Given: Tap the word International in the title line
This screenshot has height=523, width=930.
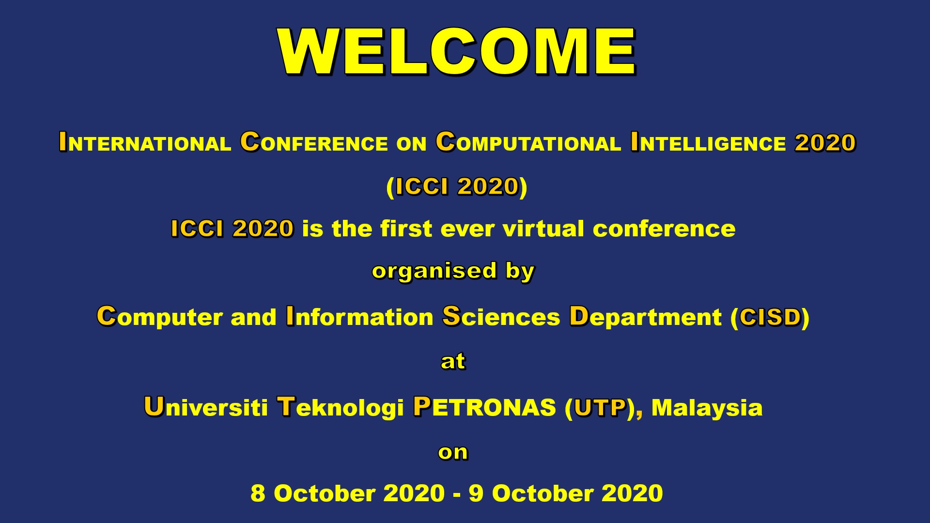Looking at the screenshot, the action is [145, 142].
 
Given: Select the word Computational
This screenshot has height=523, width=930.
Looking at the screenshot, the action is [528, 142].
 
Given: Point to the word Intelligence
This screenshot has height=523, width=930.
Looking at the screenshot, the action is [708, 142].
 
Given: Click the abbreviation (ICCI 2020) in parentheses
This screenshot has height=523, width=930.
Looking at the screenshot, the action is [457, 187].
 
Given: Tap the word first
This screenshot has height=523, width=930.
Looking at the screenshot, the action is [406, 229].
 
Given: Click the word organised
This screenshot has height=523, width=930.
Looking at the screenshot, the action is [434, 272].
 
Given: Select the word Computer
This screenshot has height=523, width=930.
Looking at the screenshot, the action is [159, 317].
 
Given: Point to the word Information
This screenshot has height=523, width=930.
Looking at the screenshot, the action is [359, 317].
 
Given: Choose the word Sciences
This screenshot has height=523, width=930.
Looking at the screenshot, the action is [501, 317].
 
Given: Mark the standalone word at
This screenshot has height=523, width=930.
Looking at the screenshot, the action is [453, 362].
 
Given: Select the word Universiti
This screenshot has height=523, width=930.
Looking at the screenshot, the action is [206, 407].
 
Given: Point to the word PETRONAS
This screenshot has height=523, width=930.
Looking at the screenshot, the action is [484, 407].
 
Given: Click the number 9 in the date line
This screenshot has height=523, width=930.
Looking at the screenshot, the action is [476, 493].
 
